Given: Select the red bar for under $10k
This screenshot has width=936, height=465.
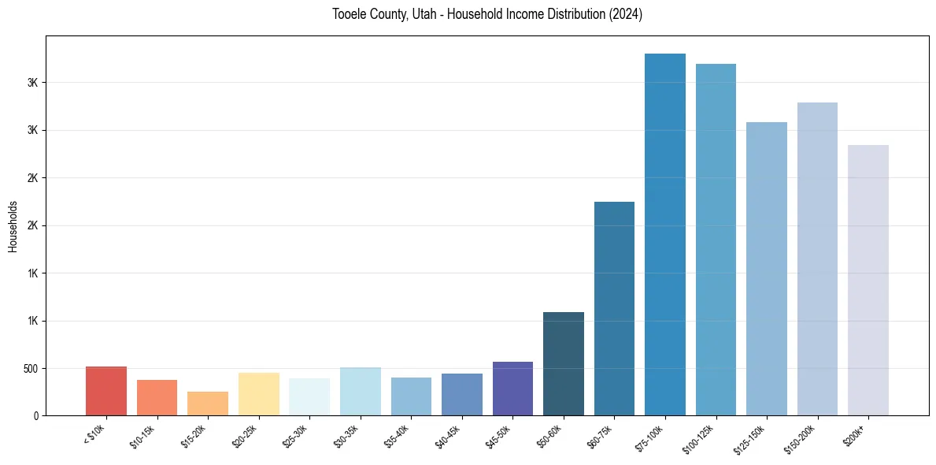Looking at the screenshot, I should pyautogui.click(x=106, y=391).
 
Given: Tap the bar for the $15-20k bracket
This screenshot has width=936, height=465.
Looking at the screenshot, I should pyautogui.click(x=208, y=404).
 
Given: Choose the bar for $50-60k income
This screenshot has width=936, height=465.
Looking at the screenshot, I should pyautogui.click(x=564, y=363).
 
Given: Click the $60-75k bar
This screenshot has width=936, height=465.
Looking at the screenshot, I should pyautogui.click(x=614, y=308).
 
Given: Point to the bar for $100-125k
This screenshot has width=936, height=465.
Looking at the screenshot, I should pyautogui.click(x=716, y=240).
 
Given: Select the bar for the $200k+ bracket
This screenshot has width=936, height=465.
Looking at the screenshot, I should pyautogui.click(x=868, y=280).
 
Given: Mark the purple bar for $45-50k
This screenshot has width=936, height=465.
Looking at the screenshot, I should pyautogui.click(x=512, y=389).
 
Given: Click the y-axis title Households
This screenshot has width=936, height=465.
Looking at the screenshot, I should pyautogui.click(x=13, y=226).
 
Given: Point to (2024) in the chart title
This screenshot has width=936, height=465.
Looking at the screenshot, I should pyautogui.click(x=625, y=14).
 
